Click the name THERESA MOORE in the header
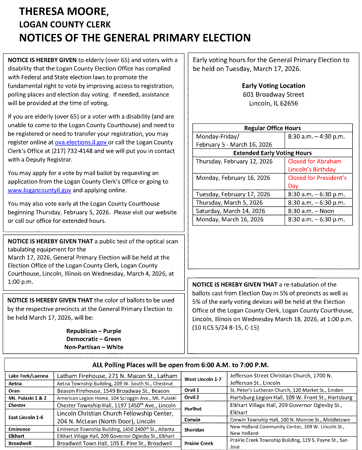(64, 12)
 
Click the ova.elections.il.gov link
(81, 143)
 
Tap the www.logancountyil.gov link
(39, 190)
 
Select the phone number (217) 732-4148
(110, 151)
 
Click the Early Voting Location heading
(273, 86)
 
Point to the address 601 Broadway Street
(273, 94)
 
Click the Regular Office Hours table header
(272, 128)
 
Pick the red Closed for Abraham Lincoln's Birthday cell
(314, 165)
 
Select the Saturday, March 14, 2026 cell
(230, 211)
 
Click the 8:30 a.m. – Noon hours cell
(311, 211)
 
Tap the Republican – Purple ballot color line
(93, 331)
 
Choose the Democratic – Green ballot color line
(93, 339)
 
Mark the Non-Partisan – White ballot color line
(93, 347)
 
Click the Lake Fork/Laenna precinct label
(28, 376)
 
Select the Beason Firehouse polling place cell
(113, 391)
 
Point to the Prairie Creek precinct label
(199, 444)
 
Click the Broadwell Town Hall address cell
(114, 444)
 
